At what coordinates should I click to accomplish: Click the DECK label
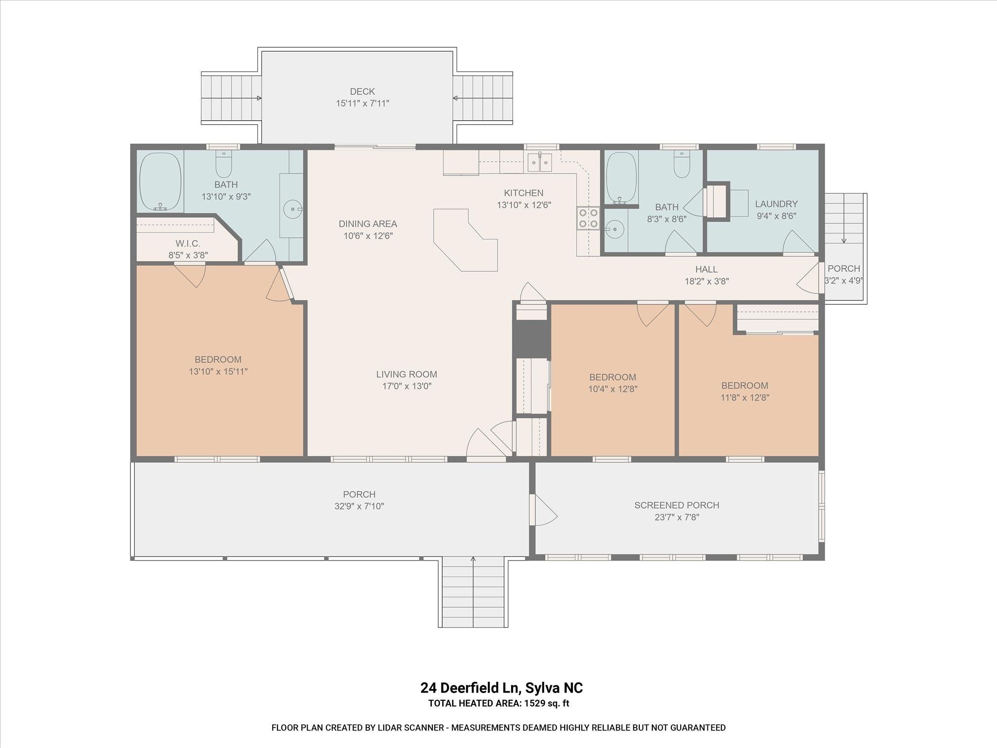coord(362,92)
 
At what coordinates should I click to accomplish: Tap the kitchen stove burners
coord(588,218)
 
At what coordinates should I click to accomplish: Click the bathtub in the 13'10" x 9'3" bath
coord(160,182)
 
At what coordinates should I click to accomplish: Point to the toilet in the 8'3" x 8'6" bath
coord(682,165)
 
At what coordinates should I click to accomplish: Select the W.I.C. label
coord(188,243)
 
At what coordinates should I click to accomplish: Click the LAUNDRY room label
coord(776,204)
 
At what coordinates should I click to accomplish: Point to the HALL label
coord(706,269)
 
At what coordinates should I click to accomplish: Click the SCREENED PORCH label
coord(676,505)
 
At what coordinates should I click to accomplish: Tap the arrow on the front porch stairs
coord(473,560)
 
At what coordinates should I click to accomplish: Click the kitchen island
coord(465,241)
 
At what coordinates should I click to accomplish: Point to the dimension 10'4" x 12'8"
coord(612,389)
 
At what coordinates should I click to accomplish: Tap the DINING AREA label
coord(368,224)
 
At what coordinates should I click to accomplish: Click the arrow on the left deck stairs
coord(258,98)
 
